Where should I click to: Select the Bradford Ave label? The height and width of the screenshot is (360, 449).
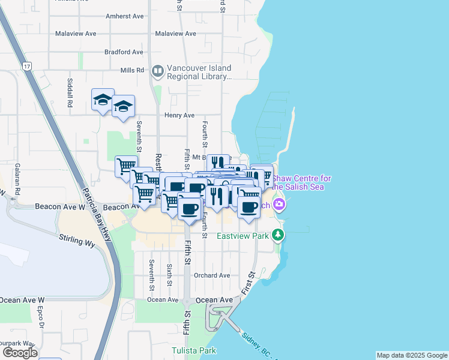click(x=123, y=52)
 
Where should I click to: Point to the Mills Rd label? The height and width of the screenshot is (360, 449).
click(x=132, y=70)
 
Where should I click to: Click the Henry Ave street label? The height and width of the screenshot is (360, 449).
click(x=179, y=115)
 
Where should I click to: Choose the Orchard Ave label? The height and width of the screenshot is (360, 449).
click(x=212, y=275)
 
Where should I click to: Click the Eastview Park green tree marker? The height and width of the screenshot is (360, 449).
click(x=277, y=234)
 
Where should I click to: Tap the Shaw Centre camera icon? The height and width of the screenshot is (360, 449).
click(x=279, y=205)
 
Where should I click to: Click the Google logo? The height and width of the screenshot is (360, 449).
click(x=20, y=352)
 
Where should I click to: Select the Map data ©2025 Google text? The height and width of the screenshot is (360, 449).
click(x=411, y=355)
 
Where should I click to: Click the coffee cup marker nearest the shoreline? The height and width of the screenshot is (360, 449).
click(x=249, y=207)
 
